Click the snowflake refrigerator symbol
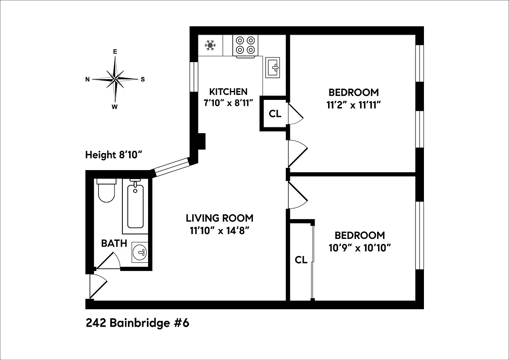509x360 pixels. (210, 45)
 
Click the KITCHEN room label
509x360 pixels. (228, 92)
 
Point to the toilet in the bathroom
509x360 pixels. (106, 191)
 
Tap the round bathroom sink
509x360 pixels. (140, 252)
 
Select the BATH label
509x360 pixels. (114, 243)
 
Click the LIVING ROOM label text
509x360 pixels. (220, 218)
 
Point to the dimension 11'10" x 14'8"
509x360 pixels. (220, 231)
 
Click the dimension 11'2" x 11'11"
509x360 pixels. (354, 105)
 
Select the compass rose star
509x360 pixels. (115, 79)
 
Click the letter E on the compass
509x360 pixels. (115, 52)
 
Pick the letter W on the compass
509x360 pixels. (115, 107)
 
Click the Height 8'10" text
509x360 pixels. (114, 155)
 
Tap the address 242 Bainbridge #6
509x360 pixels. (137, 324)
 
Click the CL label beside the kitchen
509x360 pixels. (275, 114)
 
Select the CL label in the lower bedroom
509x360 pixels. (301, 260)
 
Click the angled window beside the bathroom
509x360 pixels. (171, 166)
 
